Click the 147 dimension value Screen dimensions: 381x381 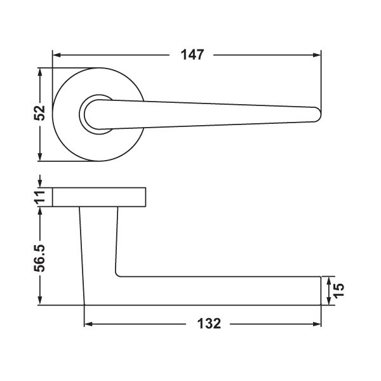click(x=192, y=55)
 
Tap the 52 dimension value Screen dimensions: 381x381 click(x=39, y=113)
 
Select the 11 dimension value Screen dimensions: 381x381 click(x=39, y=197)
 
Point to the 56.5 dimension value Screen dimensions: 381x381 click(x=39, y=258)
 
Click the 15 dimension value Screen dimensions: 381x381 click(x=338, y=290)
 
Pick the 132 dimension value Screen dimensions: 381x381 click(x=209, y=324)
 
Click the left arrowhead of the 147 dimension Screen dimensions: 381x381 click(x=57, y=55)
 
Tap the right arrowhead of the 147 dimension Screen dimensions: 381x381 click(x=317, y=55)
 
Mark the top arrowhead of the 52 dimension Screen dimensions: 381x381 click(x=41, y=72)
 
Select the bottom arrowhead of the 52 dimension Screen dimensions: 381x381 click(x=41, y=157)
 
